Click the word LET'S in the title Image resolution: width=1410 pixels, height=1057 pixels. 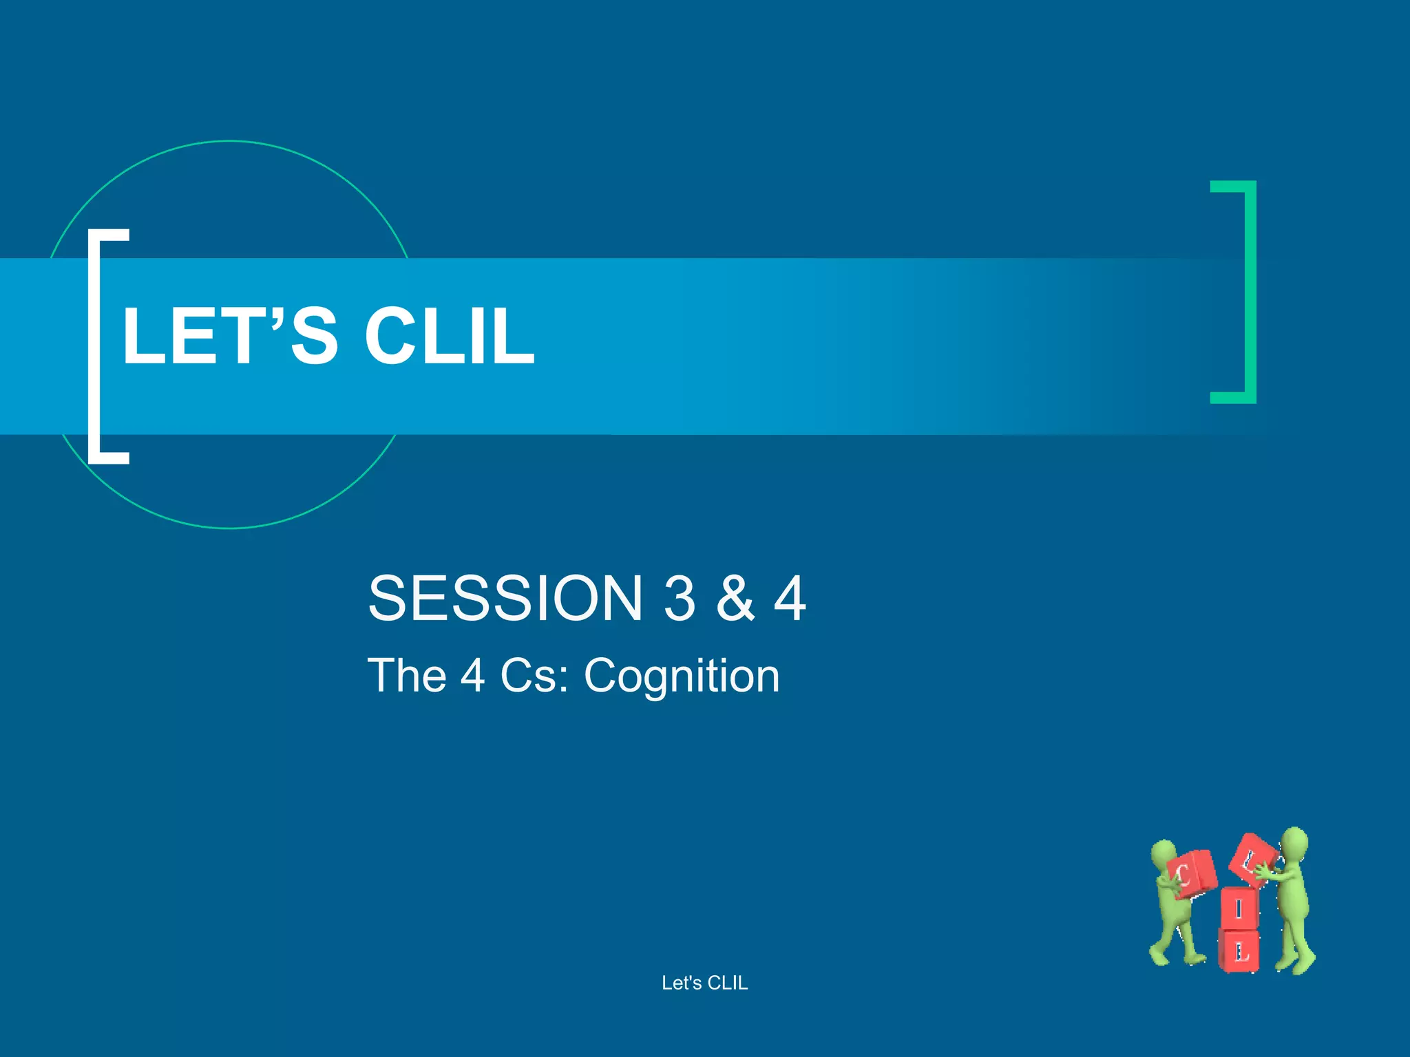click(x=230, y=336)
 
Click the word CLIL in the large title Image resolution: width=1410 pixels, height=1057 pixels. click(x=449, y=336)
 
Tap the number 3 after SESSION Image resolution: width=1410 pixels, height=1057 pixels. click(x=680, y=598)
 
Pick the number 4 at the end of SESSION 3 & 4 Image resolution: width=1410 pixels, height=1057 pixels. click(x=790, y=598)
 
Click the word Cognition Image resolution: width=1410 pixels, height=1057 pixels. click(x=682, y=676)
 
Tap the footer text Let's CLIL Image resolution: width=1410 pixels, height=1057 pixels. click(x=704, y=983)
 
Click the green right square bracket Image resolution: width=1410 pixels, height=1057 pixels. click(x=1250, y=292)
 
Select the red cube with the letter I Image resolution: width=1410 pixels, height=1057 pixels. click(x=1239, y=908)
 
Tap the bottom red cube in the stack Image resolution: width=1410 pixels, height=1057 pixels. click(x=1239, y=951)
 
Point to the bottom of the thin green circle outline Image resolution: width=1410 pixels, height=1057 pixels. click(x=231, y=528)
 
